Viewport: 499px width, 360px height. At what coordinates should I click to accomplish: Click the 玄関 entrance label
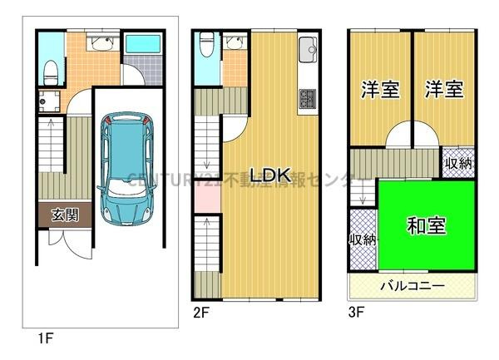point(65,215)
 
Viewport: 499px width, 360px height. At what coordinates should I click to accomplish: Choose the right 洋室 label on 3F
point(443,90)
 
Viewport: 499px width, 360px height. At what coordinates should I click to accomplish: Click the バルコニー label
point(413,285)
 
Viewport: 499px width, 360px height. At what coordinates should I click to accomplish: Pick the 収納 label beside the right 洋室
point(457,163)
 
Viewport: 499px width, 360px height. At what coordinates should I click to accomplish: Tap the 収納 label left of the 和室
point(363,239)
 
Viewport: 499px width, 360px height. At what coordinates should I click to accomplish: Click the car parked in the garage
point(124,170)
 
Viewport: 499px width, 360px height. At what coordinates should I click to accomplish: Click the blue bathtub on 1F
point(146,44)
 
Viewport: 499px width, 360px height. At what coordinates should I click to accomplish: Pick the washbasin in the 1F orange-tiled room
point(103,43)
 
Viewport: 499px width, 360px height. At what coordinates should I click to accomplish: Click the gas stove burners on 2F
point(307,98)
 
